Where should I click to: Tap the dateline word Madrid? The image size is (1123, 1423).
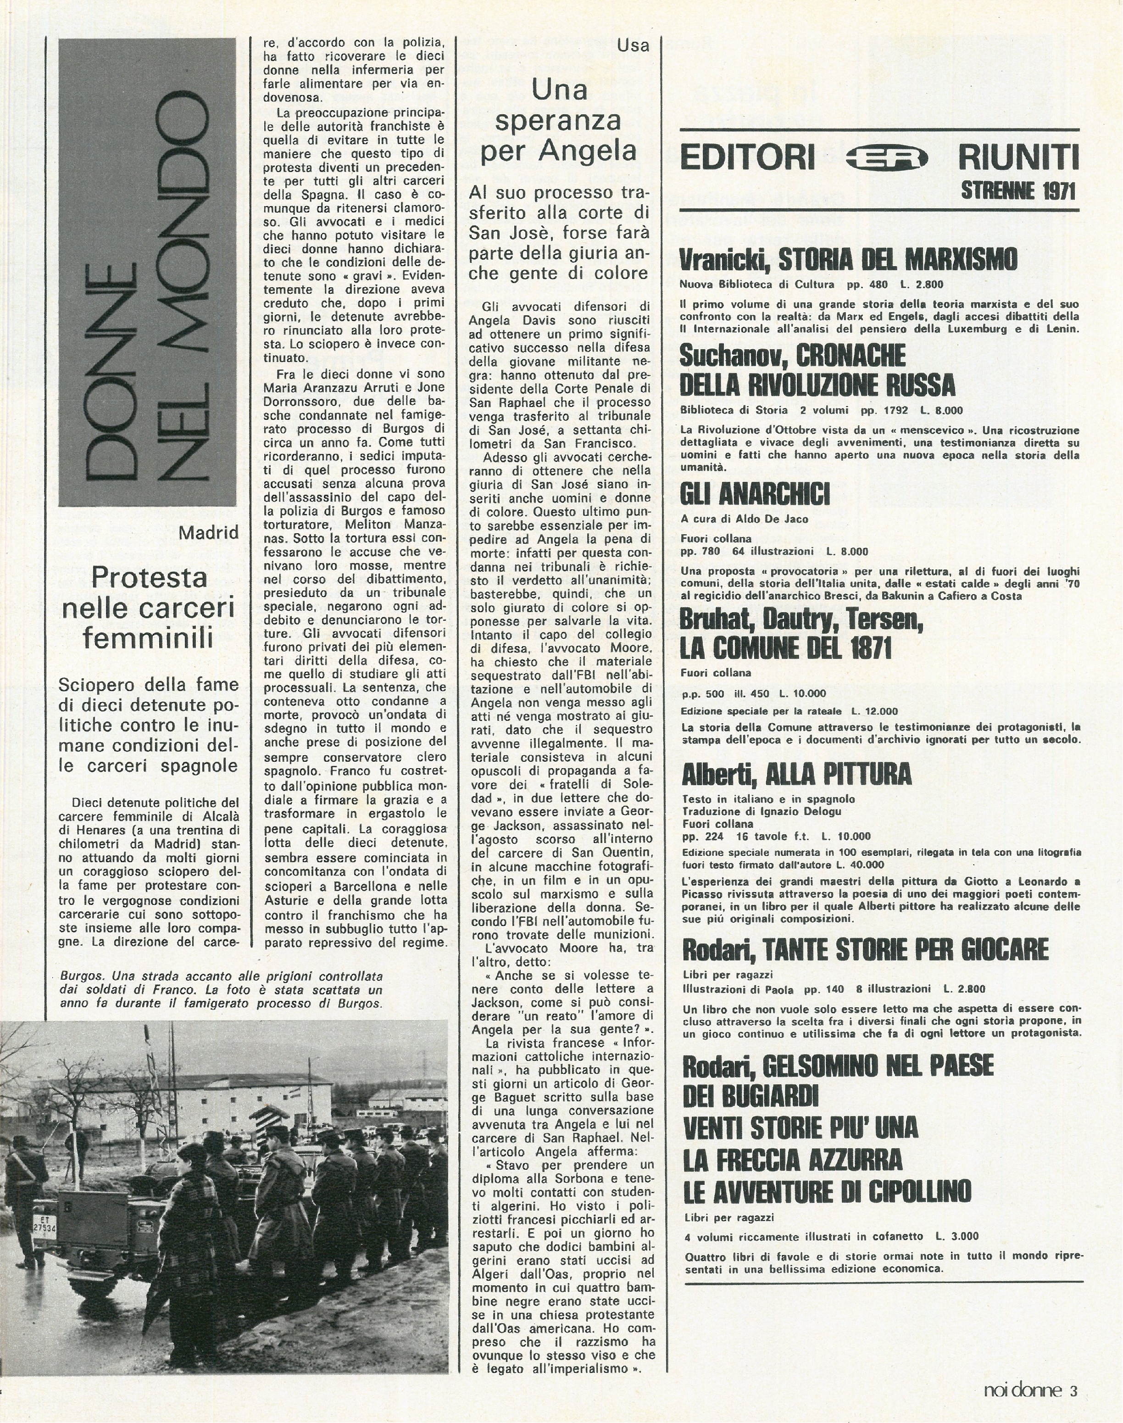coord(208,531)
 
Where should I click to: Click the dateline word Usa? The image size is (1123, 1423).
coord(633,45)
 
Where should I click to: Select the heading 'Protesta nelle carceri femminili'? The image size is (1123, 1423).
coord(149,608)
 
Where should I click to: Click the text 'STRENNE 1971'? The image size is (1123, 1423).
coord(1018,191)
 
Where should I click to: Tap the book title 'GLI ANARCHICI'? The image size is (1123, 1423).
coord(754,494)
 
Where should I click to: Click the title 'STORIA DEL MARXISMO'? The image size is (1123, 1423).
coord(897,260)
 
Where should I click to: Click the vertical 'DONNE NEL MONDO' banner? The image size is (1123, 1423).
coord(147,272)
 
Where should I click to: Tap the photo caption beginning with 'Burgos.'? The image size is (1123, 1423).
coord(221,990)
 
